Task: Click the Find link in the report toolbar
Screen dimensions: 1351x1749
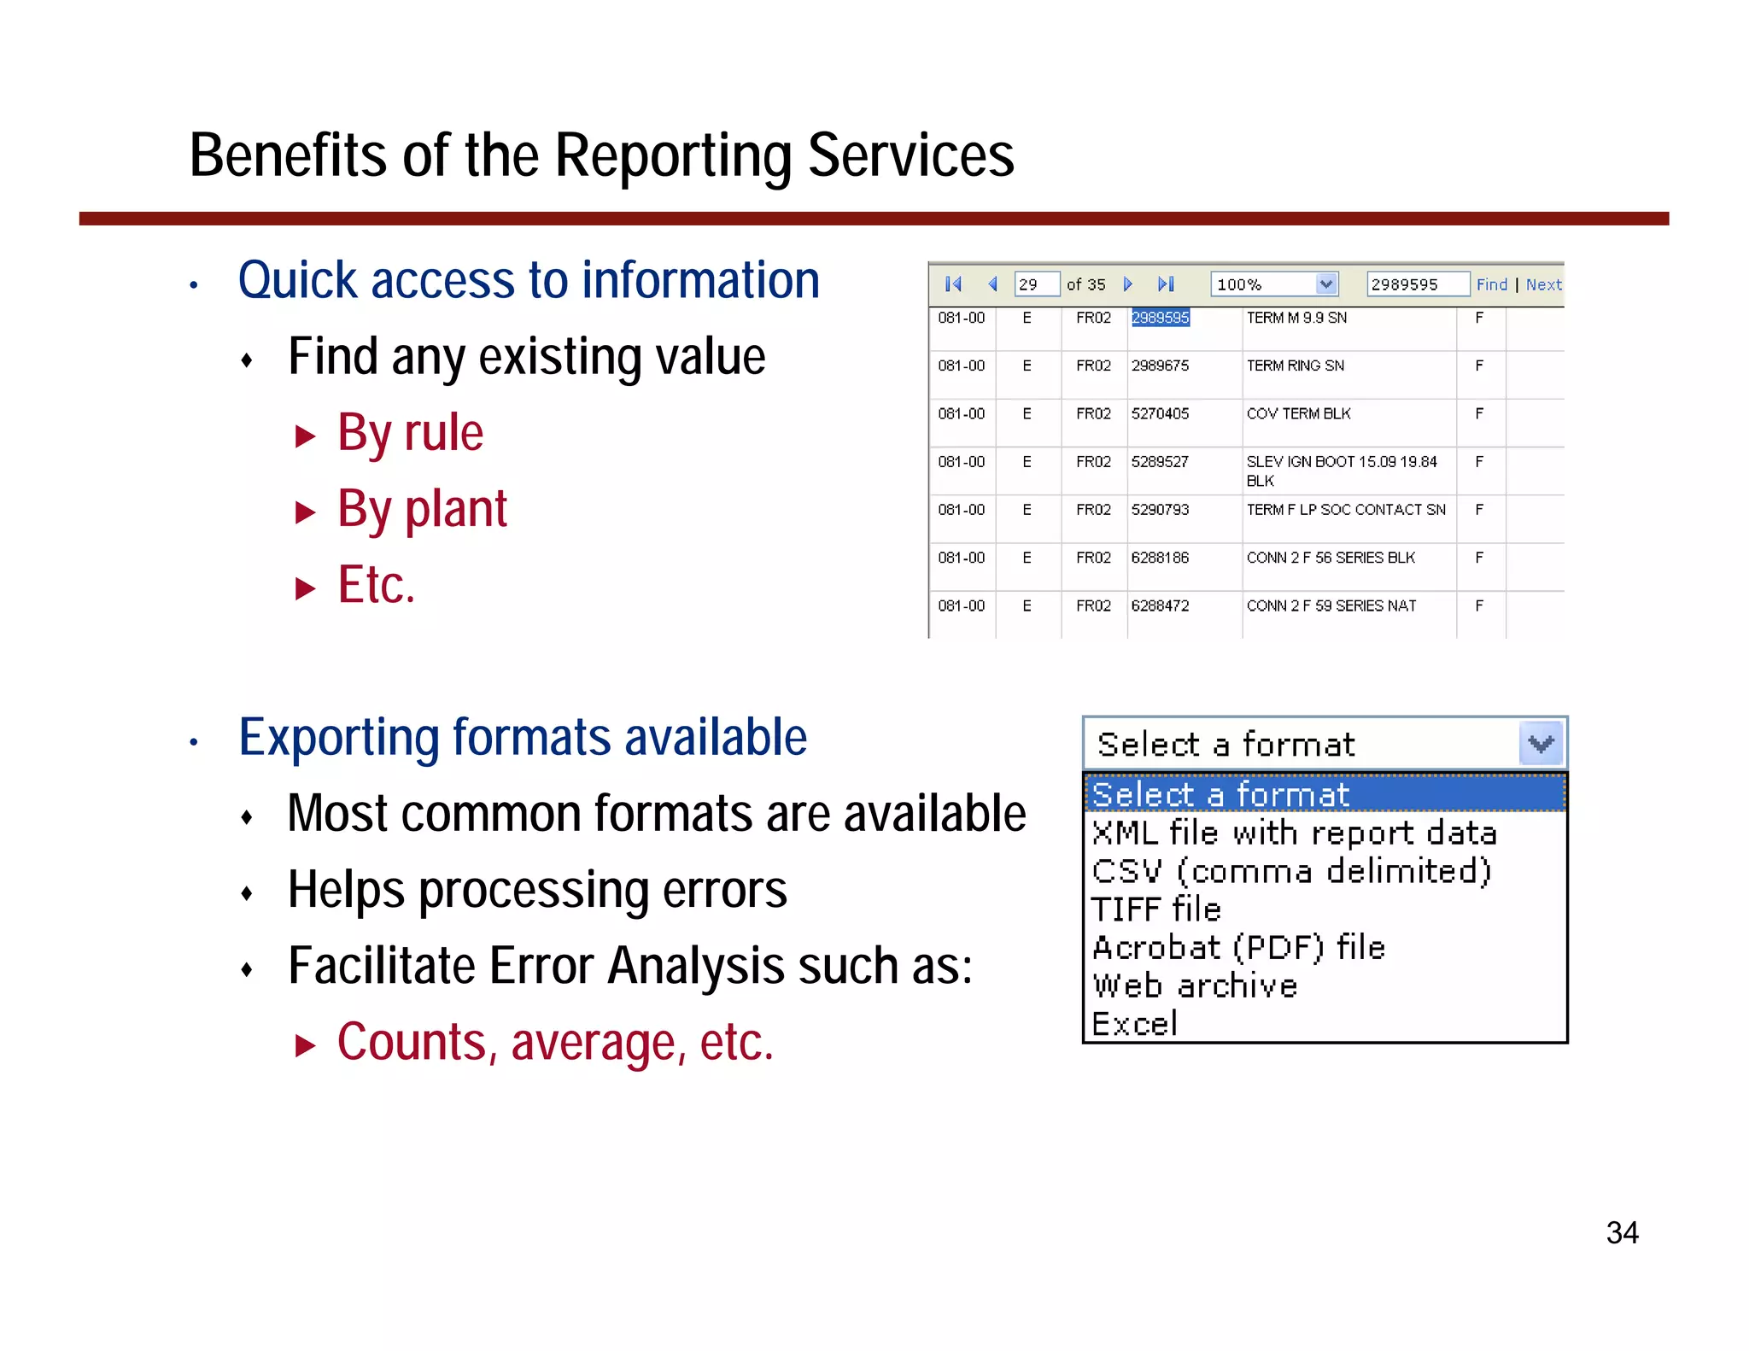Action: [1491, 284]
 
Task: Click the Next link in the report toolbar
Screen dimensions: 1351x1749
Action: [1543, 284]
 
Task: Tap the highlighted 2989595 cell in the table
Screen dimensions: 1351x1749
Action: [1160, 318]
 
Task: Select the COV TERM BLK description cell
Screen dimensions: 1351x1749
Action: [1298, 414]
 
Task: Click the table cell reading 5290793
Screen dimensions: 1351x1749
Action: [1160, 510]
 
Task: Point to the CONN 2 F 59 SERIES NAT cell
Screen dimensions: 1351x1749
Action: [1331, 606]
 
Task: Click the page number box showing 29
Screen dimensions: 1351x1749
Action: [1036, 284]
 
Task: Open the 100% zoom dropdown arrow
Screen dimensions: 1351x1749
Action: [1325, 284]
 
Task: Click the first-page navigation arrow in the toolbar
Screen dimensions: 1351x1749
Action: [953, 284]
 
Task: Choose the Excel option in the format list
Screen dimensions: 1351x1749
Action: [1135, 1024]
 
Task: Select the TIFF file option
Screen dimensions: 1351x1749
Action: [1156, 909]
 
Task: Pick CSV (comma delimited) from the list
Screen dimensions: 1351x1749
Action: [1291, 872]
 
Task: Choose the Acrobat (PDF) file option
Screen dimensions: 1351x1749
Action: [1238, 948]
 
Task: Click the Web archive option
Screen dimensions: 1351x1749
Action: [1195, 986]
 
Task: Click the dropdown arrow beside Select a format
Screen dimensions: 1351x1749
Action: [1541, 744]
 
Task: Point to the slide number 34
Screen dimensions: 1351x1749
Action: [1622, 1233]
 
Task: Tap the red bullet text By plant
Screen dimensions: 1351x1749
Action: [422, 510]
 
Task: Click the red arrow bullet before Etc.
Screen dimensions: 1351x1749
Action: [305, 588]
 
